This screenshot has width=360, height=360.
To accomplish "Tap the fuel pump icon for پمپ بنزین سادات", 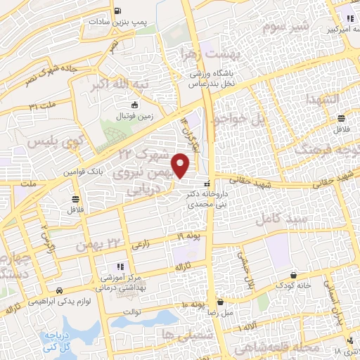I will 115,11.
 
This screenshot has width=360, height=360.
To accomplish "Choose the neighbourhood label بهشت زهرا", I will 217,53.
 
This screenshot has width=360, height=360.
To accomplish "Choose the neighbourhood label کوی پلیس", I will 51,143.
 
